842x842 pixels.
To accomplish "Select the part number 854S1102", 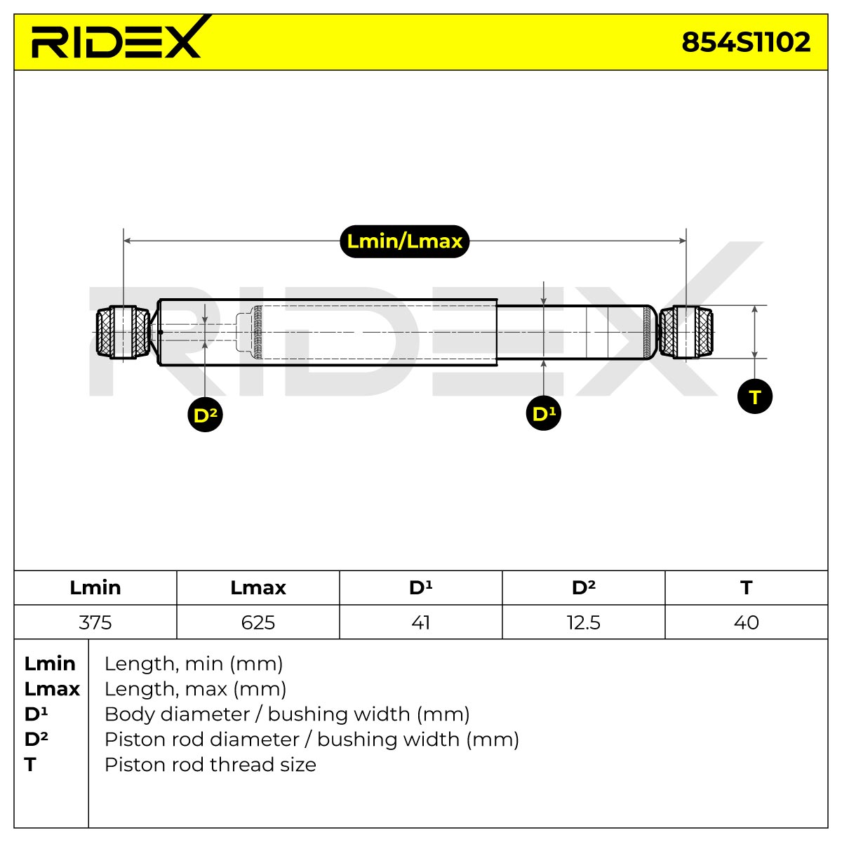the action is point(745,42).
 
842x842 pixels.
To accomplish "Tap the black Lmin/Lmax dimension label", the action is point(404,241).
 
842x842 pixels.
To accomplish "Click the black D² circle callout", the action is point(205,415).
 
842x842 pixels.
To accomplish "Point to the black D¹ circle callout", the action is point(543,413).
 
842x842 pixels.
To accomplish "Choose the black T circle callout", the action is point(754,396).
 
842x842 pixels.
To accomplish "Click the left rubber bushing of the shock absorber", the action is point(123,332).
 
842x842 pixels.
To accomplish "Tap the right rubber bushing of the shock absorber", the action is point(686,332).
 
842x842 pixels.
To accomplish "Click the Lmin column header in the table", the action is point(95,588).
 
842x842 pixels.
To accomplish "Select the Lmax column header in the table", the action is point(258,588).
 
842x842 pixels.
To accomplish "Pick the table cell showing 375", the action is point(95,622).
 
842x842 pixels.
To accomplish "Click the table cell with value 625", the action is point(258,622).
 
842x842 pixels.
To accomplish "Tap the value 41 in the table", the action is point(420,622).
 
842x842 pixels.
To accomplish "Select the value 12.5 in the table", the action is point(583,622).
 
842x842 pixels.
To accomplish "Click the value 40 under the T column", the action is point(747,622).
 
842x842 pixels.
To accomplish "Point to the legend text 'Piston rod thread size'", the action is point(210,765).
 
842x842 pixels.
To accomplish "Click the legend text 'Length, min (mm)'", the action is point(194,664).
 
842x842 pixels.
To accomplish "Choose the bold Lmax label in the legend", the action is point(52,689).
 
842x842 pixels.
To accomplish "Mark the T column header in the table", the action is point(747,588).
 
